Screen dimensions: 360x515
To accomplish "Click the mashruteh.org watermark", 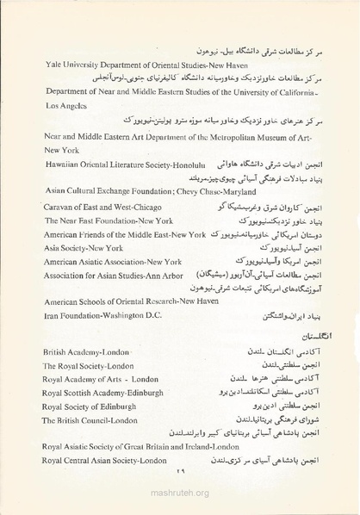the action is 179,493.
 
